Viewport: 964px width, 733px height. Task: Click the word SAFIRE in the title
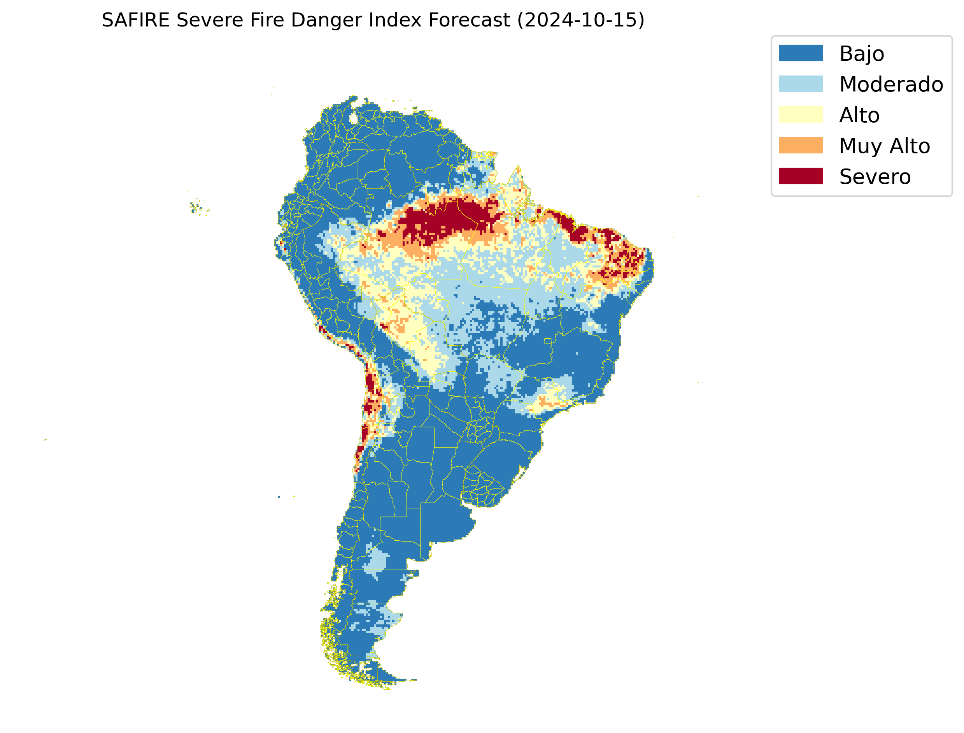(135, 20)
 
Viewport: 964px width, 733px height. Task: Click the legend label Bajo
(862, 54)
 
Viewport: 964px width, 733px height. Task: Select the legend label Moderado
(891, 84)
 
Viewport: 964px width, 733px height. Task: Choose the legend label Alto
(859, 115)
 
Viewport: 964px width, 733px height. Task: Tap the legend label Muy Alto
(884, 146)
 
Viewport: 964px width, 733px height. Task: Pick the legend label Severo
(875, 177)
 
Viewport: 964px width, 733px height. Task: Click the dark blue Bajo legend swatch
(801, 53)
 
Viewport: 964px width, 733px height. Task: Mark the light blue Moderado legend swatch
(801, 84)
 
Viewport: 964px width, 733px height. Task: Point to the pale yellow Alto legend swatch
(801, 115)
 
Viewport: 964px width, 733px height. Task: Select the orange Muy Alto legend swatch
(801, 145)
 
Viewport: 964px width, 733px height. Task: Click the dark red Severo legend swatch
(801, 176)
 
